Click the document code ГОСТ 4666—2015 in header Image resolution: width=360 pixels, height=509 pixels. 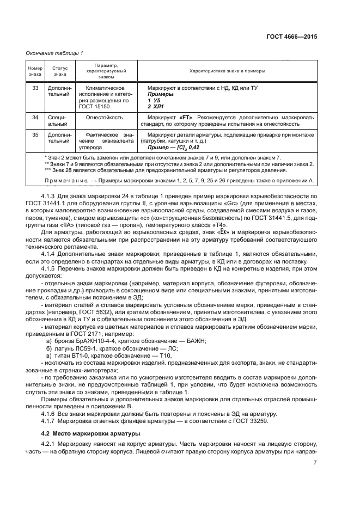coord(291,38)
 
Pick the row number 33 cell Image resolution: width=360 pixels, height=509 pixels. coord(35,88)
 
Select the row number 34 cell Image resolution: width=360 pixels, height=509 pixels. coord(35,117)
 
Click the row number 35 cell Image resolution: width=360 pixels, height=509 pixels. coord(35,134)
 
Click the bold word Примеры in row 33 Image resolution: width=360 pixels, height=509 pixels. coord(159,94)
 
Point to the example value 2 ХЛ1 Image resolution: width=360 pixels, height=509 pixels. coord(156,107)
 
